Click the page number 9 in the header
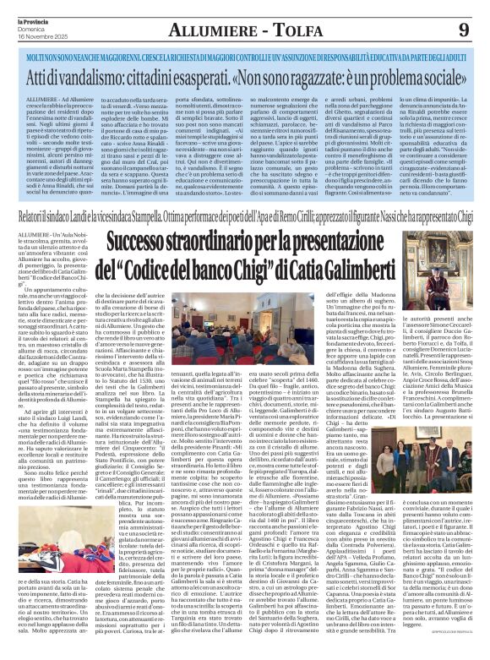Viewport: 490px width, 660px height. pos(466,30)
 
